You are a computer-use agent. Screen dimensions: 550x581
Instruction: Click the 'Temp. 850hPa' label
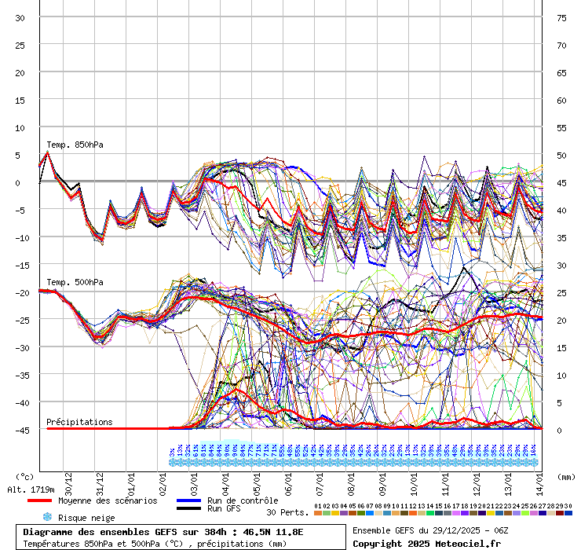(x=75, y=145)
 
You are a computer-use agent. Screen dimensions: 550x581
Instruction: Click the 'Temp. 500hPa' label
(x=75, y=282)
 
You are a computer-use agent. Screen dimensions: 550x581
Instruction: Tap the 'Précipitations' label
(x=79, y=422)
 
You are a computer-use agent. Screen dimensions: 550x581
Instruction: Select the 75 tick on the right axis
(x=561, y=17)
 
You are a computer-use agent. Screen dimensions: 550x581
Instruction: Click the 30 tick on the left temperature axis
(x=20, y=17)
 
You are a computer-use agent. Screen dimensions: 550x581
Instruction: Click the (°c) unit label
(x=24, y=476)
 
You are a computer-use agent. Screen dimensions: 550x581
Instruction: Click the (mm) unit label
(x=566, y=476)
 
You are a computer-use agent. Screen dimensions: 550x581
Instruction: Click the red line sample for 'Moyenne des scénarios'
(x=39, y=500)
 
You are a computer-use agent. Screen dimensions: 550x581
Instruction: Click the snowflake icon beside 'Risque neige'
(x=46, y=517)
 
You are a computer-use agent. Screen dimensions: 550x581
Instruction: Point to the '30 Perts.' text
(x=287, y=512)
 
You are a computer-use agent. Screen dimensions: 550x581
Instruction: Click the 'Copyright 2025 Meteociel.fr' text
(x=426, y=543)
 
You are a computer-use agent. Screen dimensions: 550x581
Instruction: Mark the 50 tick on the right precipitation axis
(x=561, y=155)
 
